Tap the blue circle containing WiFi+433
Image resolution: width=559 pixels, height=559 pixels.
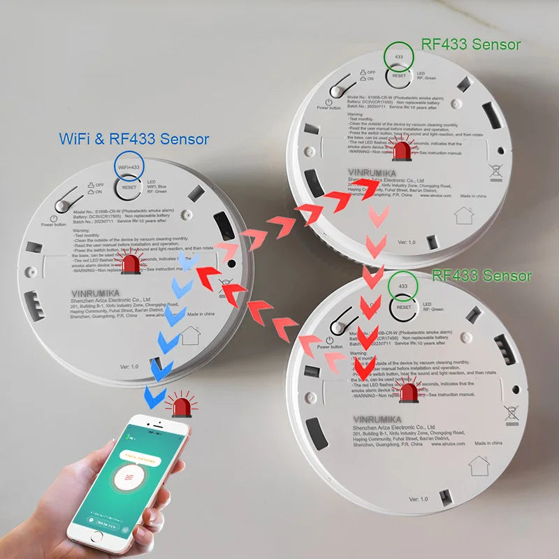click(129, 168)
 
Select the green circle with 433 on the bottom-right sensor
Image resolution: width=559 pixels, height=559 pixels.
click(402, 286)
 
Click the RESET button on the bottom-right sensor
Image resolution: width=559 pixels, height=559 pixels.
click(402, 306)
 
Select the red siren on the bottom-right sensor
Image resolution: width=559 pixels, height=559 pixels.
click(407, 392)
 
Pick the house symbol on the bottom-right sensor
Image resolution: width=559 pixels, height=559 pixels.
click(479, 465)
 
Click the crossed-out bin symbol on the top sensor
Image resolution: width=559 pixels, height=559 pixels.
click(497, 170)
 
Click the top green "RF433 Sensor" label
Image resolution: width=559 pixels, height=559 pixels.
click(470, 44)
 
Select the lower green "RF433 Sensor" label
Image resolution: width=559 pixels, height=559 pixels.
click(481, 275)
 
